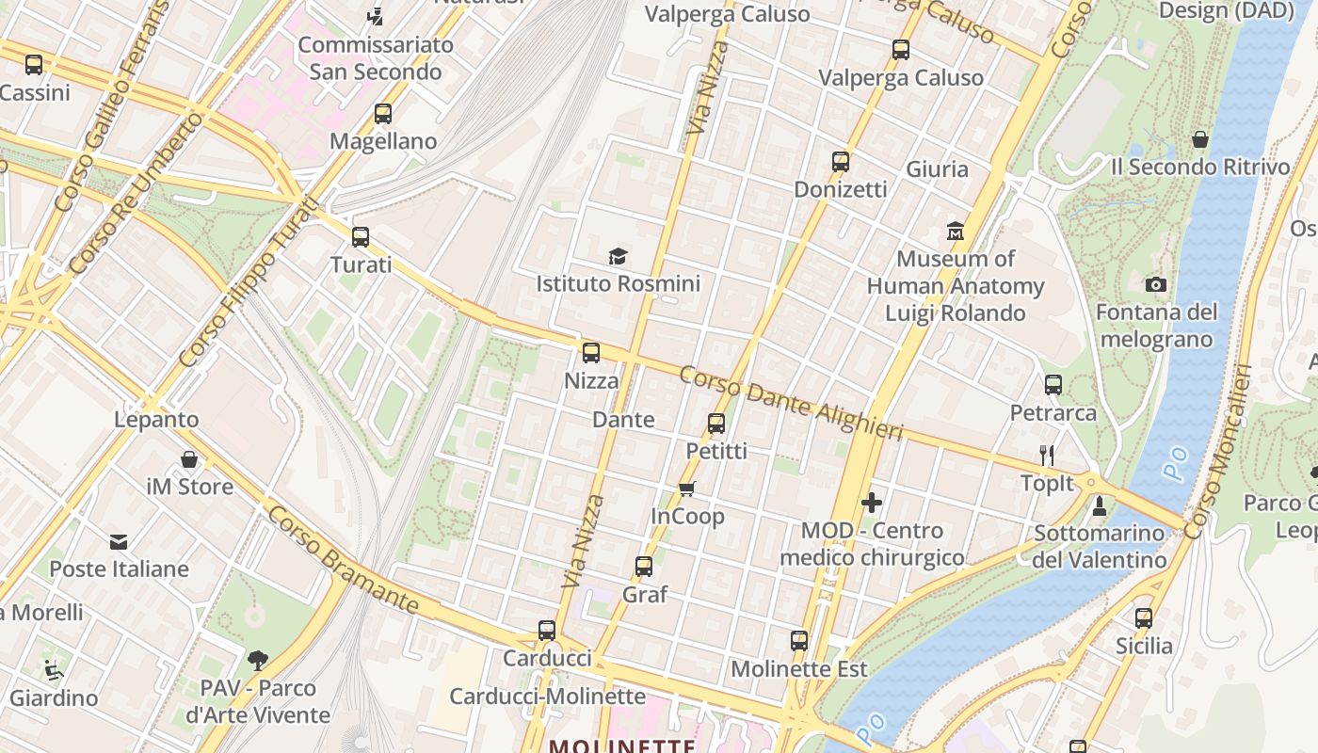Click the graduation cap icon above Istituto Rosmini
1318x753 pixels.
618,256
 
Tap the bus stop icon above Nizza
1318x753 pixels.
591,353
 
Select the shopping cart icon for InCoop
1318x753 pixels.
687,489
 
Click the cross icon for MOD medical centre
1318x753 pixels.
872,503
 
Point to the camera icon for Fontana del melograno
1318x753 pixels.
1156,284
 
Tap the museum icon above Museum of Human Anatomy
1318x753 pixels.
956,231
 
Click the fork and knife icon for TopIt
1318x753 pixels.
1047,456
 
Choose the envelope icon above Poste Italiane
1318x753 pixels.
119,541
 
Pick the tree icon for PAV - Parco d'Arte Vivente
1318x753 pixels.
257,660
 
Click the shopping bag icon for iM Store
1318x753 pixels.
189,459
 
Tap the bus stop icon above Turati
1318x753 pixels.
361,237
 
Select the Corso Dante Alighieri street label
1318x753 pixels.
791,403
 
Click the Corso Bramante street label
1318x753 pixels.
342,559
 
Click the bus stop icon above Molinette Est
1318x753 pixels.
799,641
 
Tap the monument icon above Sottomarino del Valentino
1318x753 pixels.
1099,506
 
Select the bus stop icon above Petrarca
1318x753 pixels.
1053,385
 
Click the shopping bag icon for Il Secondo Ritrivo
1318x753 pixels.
1200,139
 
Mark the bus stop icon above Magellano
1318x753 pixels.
383,114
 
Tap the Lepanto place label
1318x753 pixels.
156,419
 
